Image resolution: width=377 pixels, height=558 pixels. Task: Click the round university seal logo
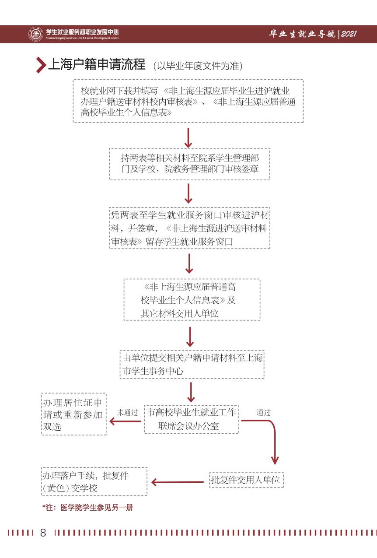[35, 34]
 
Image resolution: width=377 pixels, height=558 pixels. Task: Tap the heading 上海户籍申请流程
[96, 65]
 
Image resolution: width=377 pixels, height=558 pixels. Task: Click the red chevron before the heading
[41, 65]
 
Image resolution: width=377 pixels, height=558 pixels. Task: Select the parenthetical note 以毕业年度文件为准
[198, 66]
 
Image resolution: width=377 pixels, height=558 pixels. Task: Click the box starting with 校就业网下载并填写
[188, 101]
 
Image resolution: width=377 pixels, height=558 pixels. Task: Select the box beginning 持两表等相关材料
[189, 164]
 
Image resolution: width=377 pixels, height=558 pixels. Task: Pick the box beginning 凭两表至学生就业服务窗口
[189, 228]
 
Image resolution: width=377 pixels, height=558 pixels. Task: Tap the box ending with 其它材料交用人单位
[192, 300]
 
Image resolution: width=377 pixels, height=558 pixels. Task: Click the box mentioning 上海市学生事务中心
[192, 364]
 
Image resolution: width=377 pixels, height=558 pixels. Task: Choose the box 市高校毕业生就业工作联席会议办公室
[191, 419]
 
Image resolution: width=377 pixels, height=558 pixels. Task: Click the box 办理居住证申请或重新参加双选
[74, 414]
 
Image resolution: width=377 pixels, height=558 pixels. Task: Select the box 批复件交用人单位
[246, 480]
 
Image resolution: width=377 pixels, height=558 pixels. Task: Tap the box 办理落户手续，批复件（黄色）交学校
[94, 481]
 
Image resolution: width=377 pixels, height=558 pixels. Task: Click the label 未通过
[127, 412]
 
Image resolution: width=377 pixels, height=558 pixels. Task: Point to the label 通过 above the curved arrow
[263, 412]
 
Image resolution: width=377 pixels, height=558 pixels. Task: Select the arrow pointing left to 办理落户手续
[178, 482]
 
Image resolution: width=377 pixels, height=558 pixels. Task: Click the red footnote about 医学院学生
[87, 508]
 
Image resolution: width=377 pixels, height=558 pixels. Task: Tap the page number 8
[43, 533]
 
